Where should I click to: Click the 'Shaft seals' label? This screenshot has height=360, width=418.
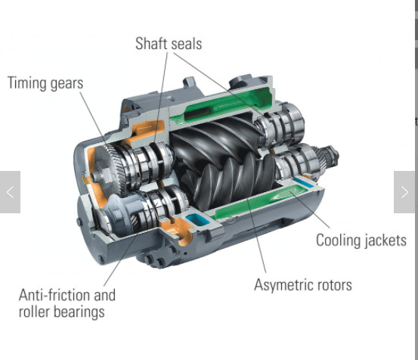tap(169, 43)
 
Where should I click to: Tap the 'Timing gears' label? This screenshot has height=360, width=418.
tap(45, 83)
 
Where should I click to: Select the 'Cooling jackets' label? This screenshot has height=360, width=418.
tap(361, 240)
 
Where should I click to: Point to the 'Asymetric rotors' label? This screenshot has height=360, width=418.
tap(303, 285)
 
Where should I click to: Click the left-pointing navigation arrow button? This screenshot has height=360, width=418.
tap(10, 192)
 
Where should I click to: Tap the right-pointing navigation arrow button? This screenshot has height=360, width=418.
tap(404, 192)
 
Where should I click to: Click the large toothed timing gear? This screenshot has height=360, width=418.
tap(110, 171)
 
